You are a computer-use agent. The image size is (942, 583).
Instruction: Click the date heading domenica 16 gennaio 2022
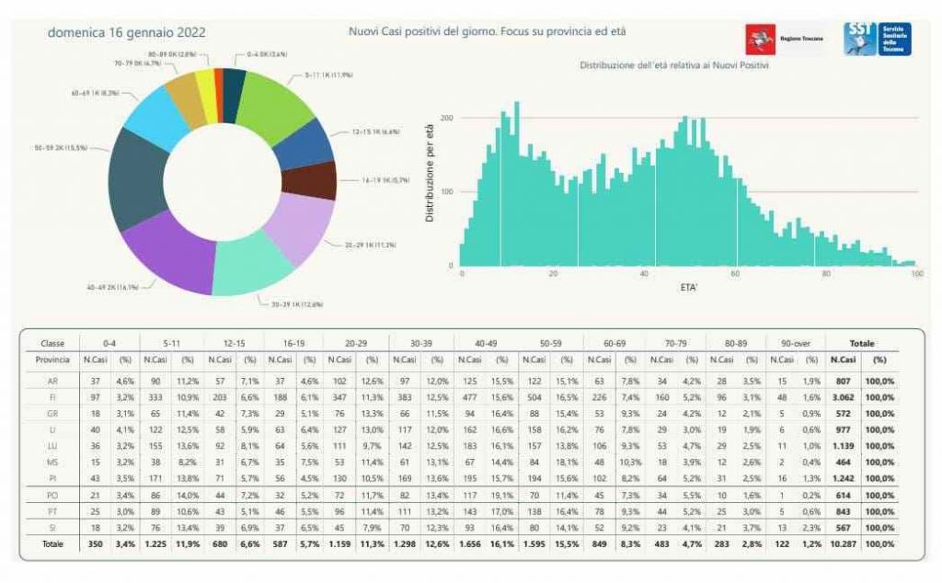126,32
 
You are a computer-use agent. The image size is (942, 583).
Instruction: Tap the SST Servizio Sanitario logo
877,39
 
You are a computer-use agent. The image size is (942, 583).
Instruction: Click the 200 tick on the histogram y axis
446,119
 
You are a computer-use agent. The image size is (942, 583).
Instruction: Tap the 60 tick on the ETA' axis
735,274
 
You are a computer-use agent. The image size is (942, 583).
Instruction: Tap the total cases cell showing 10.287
842,544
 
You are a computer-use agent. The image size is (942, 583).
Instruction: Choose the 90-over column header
795,342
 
